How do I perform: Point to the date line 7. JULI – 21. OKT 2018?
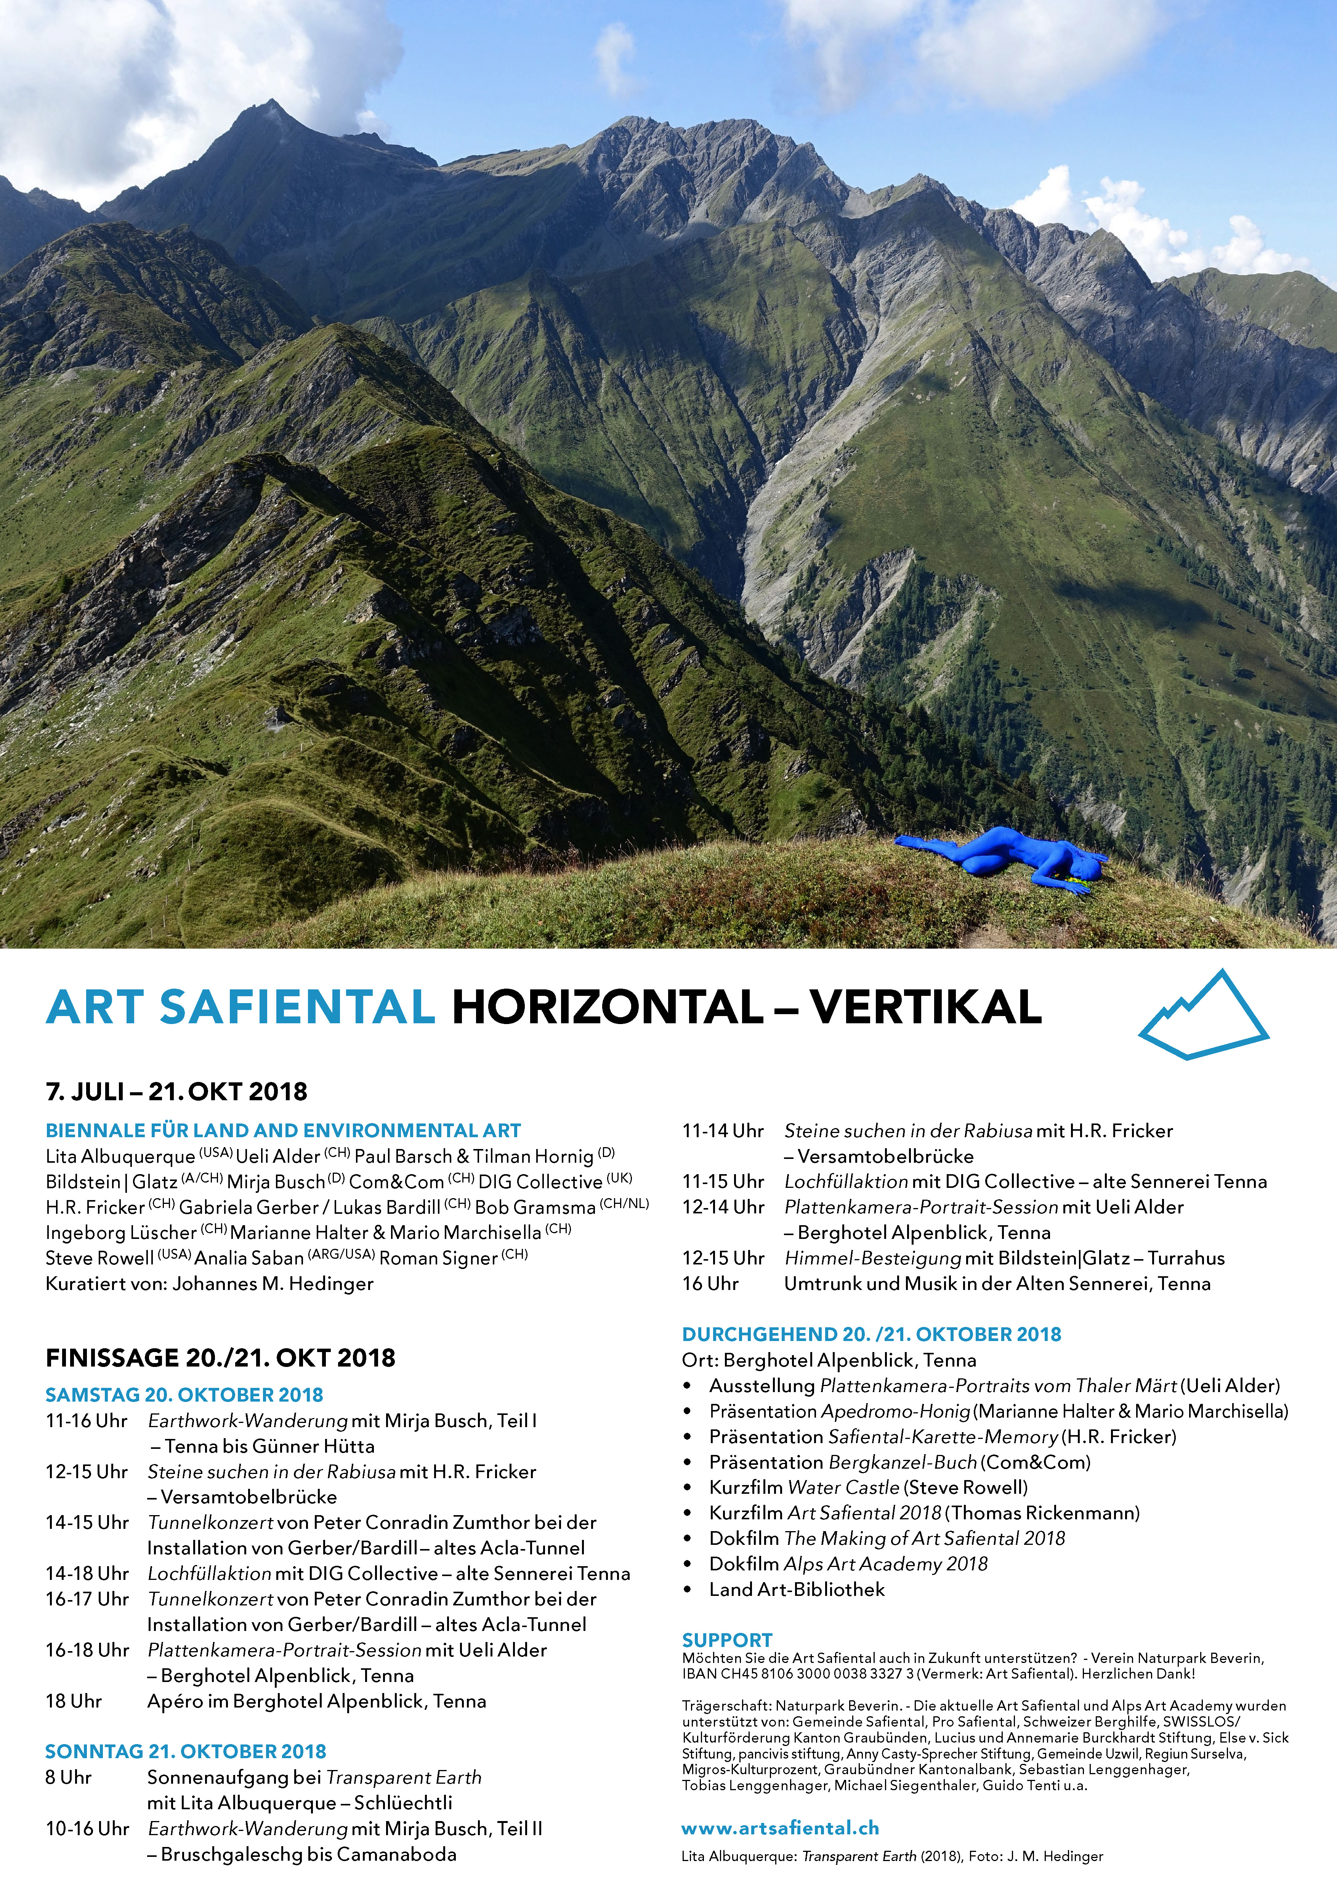click(176, 1092)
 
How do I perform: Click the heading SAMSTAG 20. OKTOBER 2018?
click(184, 1394)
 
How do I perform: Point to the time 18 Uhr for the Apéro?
click(73, 1701)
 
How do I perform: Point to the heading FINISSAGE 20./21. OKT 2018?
click(221, 1357)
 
